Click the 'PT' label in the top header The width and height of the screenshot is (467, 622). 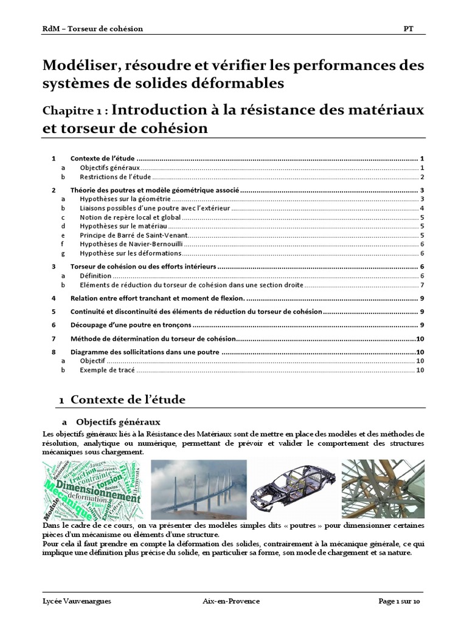pyautogui.click(x=408, y=29)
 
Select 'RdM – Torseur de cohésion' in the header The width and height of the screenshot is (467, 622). pyautogui.click(x=93, y=29)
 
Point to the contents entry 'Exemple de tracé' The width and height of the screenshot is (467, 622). pyautogui.click(x=107, y=371)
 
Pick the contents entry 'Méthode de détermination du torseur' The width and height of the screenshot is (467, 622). pyautogui.click(x=152, y=338)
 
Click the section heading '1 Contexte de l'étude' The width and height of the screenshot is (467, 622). pyautogui.click(x=122, y=400)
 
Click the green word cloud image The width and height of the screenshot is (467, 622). pyautogui.click(x=91, y=490)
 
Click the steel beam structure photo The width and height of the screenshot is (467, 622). pyautogui.click(x=382, y=490)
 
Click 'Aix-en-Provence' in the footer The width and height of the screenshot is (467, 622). pyautogui.click(x=231, y=601)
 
